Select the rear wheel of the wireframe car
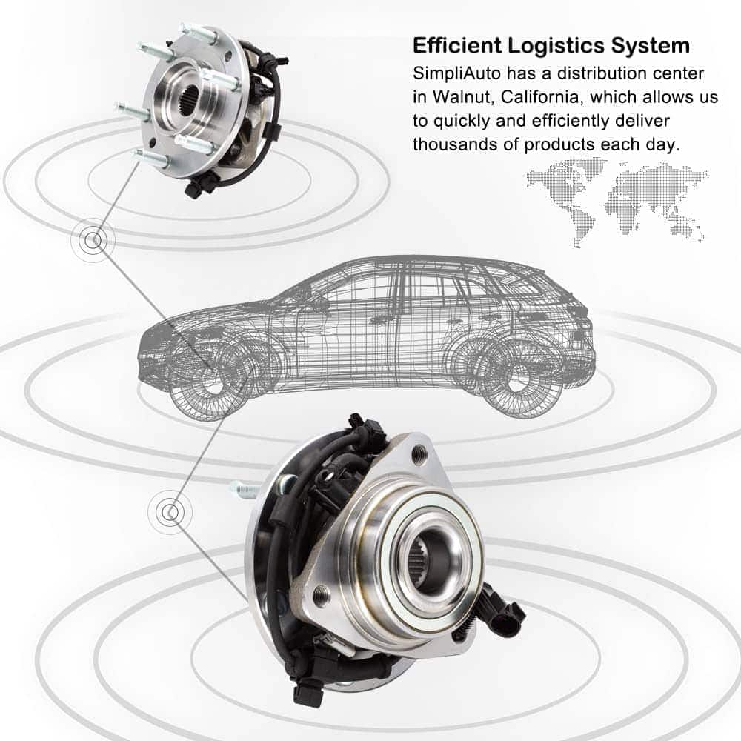pos(516,376)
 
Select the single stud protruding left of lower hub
pos(245,488)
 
